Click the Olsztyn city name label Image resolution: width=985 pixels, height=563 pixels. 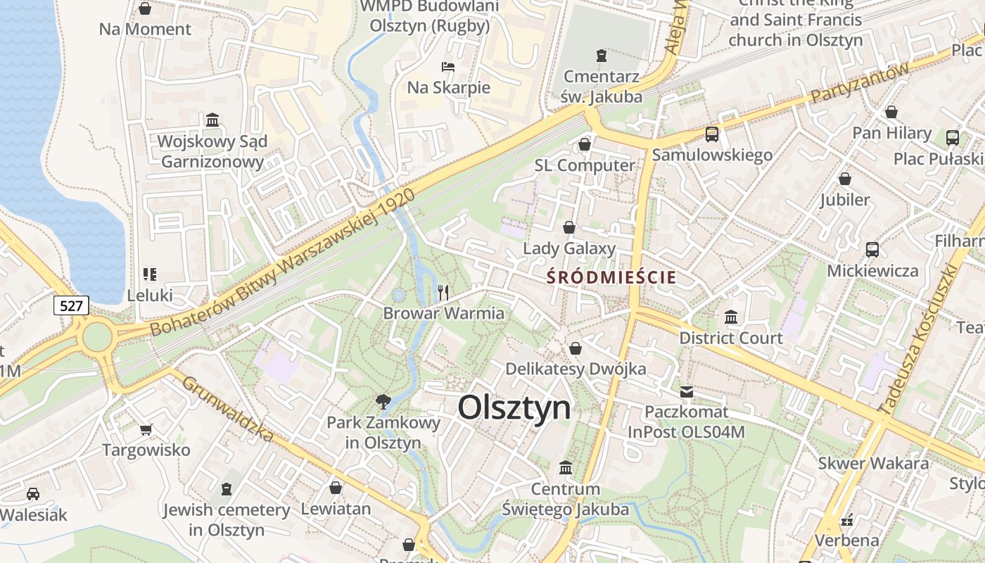tap(514, 407)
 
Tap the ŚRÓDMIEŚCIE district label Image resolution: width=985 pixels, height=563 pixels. tap(611, 277)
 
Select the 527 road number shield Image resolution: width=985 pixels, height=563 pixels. tap(71, 305)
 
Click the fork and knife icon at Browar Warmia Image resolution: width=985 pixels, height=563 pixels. tap(443, 293)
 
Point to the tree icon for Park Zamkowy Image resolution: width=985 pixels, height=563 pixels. tap(383, 403)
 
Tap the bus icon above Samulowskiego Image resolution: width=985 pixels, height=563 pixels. tap(712, 134)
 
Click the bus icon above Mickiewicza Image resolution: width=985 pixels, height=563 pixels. tap(872, 250)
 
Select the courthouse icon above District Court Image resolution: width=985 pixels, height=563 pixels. tap(731, 317)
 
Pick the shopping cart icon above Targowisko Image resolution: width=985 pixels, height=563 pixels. tap(146, 429)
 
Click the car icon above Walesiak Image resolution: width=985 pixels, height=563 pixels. tap(33, 494)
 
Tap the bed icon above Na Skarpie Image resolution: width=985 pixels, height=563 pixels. tap(448, 68)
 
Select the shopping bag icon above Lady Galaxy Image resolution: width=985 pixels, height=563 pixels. tap(569, 227)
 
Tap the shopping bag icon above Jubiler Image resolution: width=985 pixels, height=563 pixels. tap(844, 179)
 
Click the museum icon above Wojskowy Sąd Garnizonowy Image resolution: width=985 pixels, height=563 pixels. tap(212, 120)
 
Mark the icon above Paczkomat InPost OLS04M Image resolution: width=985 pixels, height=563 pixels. tap(686, 391)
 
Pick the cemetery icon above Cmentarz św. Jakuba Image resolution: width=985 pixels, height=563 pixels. tap(601, 55)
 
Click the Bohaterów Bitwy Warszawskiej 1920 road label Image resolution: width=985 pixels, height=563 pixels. tap(281, 264)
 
